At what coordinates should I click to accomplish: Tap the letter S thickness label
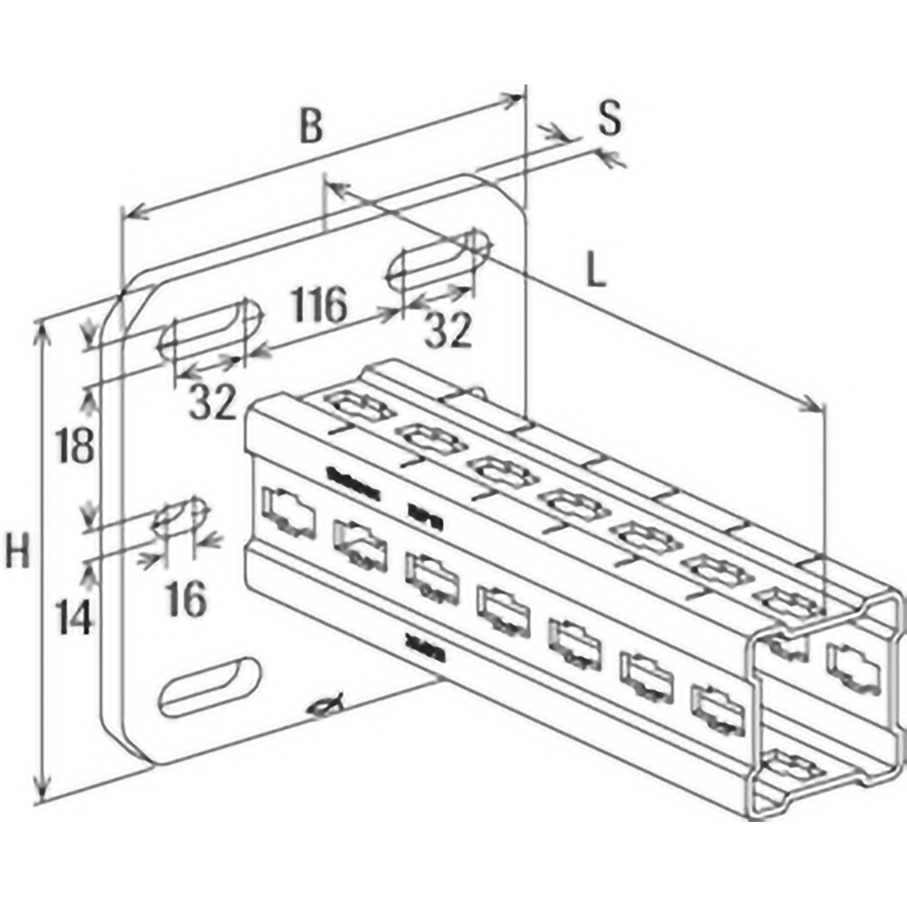(x=610, y=118)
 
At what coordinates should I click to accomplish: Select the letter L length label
(x=595, y=273)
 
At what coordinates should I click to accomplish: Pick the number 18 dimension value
(x=75, y=446)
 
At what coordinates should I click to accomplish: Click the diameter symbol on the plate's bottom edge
(x=327, y=706)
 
